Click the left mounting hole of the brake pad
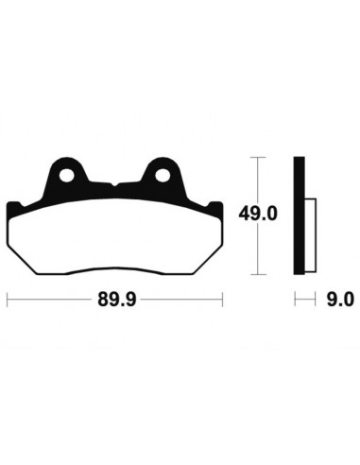67,175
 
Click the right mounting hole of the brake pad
163,175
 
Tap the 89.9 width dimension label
115,301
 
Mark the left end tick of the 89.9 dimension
8,301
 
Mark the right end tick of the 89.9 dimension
223,301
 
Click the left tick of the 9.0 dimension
295,301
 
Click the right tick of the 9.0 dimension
314,301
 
